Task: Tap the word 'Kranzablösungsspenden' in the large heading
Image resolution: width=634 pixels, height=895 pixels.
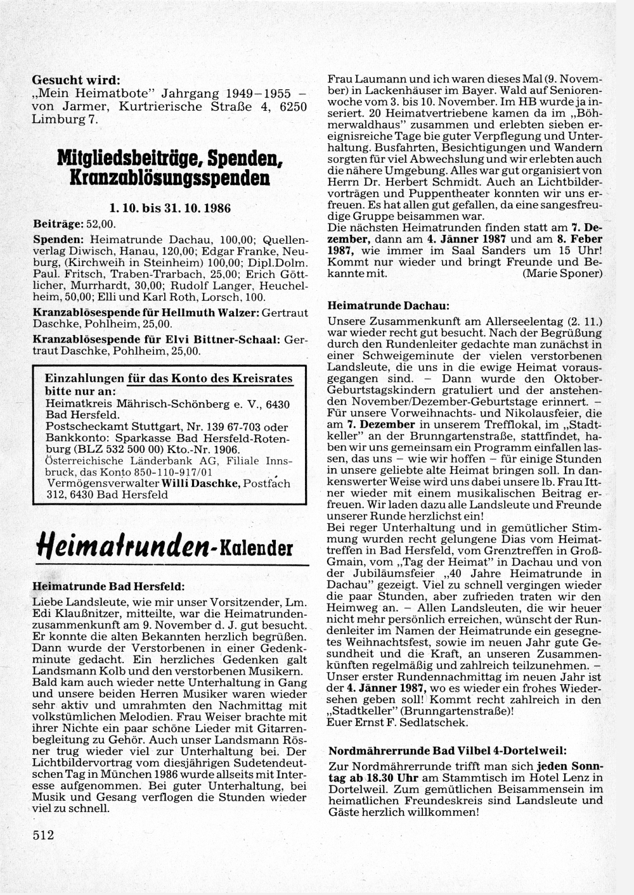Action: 172,177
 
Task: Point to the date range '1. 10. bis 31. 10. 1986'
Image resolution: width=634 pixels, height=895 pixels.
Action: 170,208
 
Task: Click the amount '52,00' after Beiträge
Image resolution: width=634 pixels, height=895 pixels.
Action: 102,224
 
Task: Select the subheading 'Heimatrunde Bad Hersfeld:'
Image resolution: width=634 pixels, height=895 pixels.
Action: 108,587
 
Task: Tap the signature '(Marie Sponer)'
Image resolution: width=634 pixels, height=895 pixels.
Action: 562,273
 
